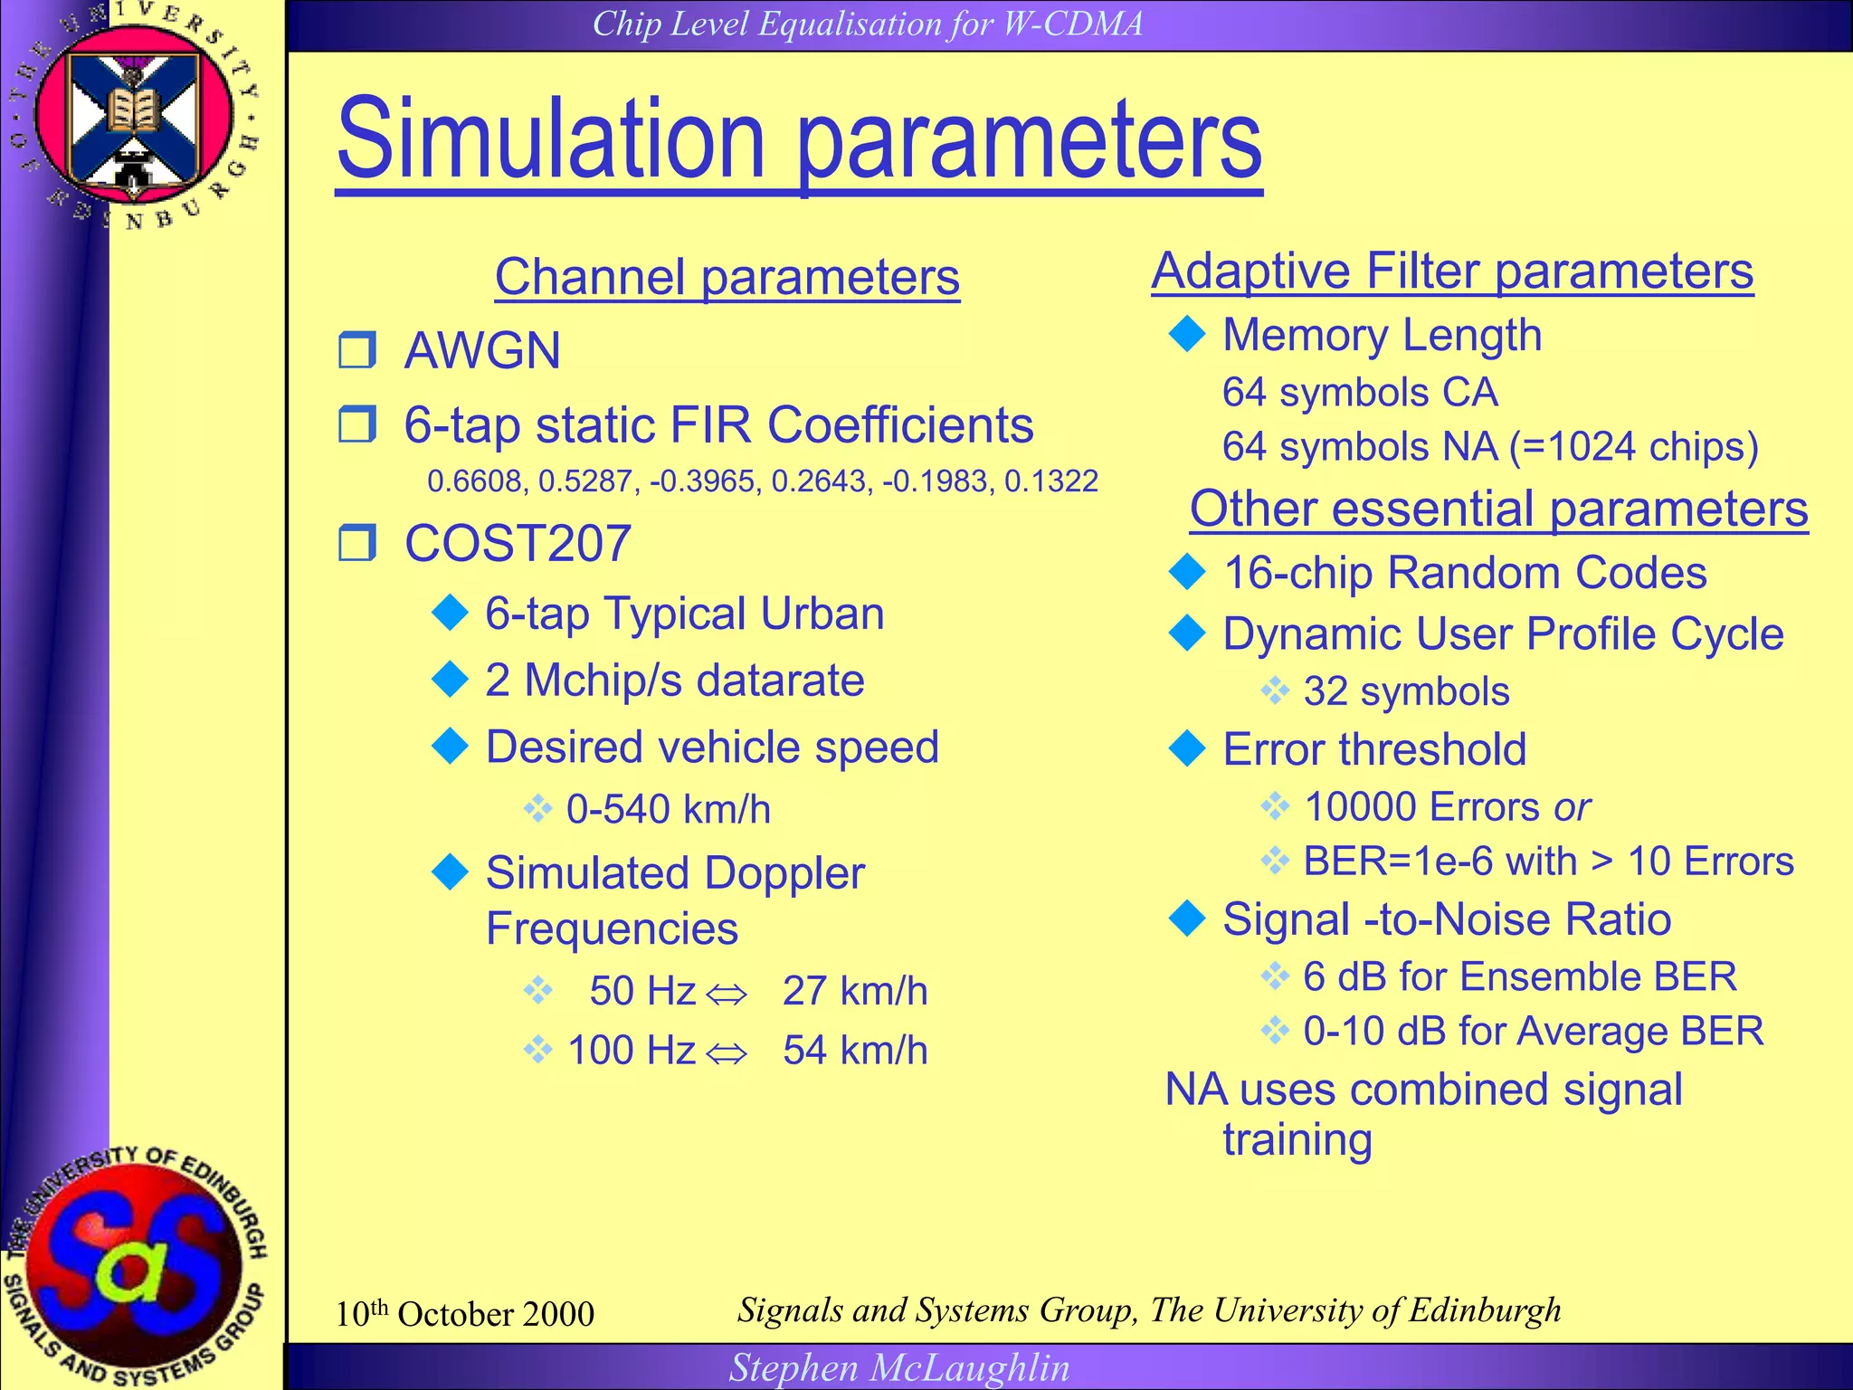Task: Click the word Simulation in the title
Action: click(552, 140)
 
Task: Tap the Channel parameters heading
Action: click(727, 276)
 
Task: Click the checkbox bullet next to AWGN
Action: click(357, 350)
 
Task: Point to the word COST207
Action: click(518, 543)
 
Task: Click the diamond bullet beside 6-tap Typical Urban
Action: click(450, 613)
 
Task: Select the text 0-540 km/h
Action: click(668, 809)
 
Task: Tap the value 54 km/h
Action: click(855, 1051)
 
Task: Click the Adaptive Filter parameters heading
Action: click(1452, 271)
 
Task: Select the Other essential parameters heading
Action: click(1498, 509)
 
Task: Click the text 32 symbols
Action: click(1406, 691)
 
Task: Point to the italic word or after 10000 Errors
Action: click(1572, 807)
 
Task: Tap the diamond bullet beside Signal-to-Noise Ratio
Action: click(1187, 919)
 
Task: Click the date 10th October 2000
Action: click(464, 1314)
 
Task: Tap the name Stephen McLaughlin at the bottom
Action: click(899, 1367)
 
